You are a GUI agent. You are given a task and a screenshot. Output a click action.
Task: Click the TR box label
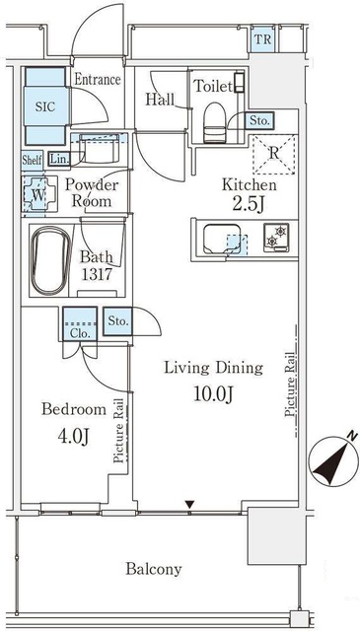point(262,39)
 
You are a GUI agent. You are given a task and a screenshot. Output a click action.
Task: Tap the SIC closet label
point(44,106)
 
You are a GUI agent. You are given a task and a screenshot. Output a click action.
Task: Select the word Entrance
point(98,79)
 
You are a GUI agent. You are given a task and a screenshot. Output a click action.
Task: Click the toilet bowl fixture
point(214,121)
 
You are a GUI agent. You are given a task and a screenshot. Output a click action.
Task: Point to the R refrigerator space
point(273,154)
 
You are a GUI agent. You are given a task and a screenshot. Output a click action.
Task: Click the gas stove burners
point(276,238)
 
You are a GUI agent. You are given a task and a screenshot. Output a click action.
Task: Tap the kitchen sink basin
point(222,239)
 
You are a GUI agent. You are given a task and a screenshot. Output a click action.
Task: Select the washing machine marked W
point(38,195)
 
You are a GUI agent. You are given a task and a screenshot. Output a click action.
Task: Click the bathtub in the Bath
point(51,260)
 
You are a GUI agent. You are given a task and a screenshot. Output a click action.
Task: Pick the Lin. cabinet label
point(59,159)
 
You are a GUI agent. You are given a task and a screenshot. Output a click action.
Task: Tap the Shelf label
point(32,160)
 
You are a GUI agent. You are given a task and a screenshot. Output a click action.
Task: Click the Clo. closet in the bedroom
point(79,324)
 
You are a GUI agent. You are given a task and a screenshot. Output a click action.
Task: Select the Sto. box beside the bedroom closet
point(117,321)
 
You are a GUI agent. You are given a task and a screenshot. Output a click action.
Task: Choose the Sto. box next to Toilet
point(259,120)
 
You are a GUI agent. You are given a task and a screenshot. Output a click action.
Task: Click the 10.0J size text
point(213,395)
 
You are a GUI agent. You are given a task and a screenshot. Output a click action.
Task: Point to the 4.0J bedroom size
point(73,437)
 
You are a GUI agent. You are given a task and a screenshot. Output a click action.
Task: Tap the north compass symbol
point(333,461)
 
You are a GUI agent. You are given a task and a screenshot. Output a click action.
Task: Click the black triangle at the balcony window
point(189,504)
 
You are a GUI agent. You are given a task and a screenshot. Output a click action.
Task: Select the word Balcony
point(154,570)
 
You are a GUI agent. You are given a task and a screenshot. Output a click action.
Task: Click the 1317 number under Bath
point(97,275)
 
